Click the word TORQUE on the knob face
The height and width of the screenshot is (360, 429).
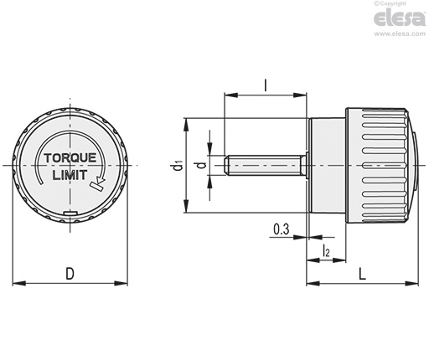70,158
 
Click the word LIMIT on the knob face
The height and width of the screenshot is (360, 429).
70,175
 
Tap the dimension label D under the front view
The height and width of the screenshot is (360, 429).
70,274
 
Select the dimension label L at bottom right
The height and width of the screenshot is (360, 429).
362,274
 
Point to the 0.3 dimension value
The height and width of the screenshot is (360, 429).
282,229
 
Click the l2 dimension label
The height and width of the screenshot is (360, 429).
326,250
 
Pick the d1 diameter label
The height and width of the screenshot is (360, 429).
178,165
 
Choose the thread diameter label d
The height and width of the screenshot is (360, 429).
202,165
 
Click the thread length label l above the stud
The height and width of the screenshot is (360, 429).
266,85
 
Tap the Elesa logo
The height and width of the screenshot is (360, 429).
400,18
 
